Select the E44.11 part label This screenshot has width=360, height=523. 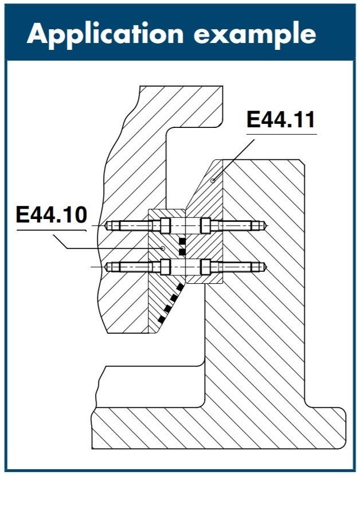click(x=280, y=120)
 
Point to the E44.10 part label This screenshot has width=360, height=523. click(x=51, y=216)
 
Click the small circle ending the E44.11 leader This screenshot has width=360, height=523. click(x=213, y=181)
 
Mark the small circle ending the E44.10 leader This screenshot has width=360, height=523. click(x=164, y=248)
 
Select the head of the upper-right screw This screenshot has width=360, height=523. click(x=205, y=226)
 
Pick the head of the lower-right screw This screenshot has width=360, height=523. click(x=205, y=267)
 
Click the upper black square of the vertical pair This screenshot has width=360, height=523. click(x=182, y=240)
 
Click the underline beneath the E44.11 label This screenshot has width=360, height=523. click(x=280, y=134)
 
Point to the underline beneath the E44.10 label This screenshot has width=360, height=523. click(x=51, y=229)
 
